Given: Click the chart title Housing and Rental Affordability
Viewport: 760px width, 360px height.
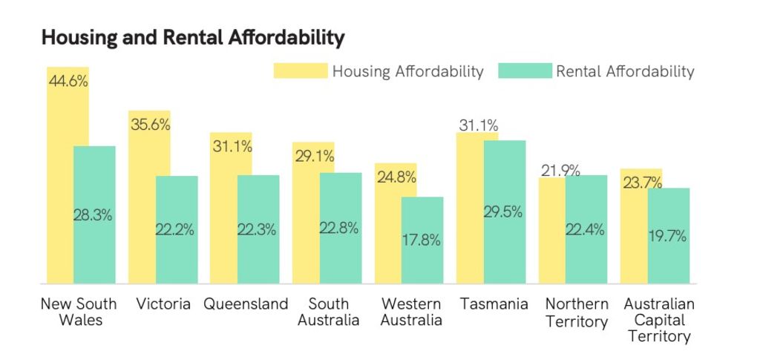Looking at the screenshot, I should tap(193, 37).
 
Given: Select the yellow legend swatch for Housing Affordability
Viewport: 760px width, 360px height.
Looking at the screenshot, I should tap(300, 71).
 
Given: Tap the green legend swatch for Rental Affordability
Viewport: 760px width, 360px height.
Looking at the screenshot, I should tap(525, 71).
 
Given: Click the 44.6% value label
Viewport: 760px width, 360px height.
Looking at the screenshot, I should tap(68, 82).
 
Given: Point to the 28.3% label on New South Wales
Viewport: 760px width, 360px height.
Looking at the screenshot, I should tap(93, 215).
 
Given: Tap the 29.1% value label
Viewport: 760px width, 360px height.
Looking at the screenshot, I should tap(314, 157).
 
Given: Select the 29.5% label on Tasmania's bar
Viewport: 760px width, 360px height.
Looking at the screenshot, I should tap(503, 212).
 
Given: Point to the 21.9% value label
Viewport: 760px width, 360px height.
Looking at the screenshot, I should tap(560, 171).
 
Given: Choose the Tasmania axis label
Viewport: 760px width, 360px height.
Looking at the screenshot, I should tap(494, 304).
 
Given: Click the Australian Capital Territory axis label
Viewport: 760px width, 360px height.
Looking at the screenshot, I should tap(659, 320).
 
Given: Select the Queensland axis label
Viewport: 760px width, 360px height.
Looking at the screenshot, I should tap(246, 304).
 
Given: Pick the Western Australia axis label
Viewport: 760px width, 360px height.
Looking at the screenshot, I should tap(411, 312).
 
